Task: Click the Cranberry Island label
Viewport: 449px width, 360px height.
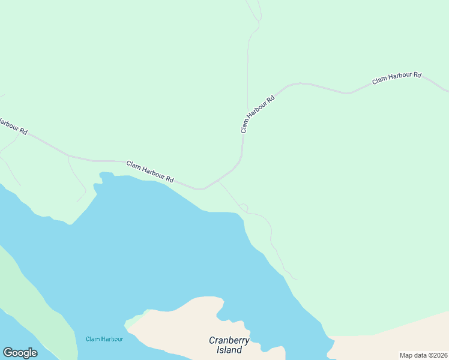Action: [229, 345]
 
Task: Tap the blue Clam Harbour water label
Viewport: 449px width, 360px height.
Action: [104, 339]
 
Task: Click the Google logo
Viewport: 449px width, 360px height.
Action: [20, 353]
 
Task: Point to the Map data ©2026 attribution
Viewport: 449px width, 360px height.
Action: [423, 355]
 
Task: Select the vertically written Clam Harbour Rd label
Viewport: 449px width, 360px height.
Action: [257, 113]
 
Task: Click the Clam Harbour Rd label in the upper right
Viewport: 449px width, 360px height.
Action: [396, 78]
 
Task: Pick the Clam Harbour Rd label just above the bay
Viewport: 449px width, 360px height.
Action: [150, 171]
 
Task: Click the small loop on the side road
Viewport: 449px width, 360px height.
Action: [244, 207]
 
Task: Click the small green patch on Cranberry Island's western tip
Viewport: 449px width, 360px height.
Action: [130, 325]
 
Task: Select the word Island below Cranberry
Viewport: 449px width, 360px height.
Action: [229, 350]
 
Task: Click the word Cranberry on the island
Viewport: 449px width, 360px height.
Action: [229, 340]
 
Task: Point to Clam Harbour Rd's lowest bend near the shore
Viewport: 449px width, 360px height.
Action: [200, 189]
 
